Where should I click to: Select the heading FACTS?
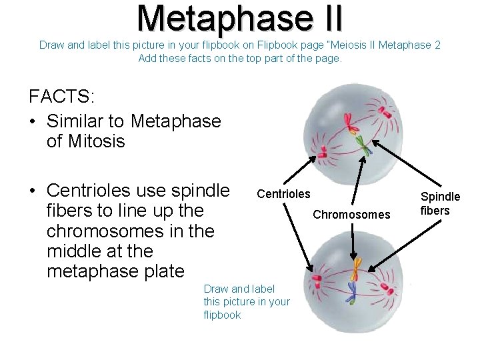[x=61, y=96]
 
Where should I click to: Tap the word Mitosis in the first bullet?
[x=86, y=141]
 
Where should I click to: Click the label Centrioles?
[x=283, y=194]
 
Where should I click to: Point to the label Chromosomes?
[x=351, y=215]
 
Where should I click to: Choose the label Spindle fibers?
[x=440, y=203]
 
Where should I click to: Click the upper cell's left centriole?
[x=321, y=153]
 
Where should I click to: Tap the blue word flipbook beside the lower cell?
[x=222, y=315]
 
